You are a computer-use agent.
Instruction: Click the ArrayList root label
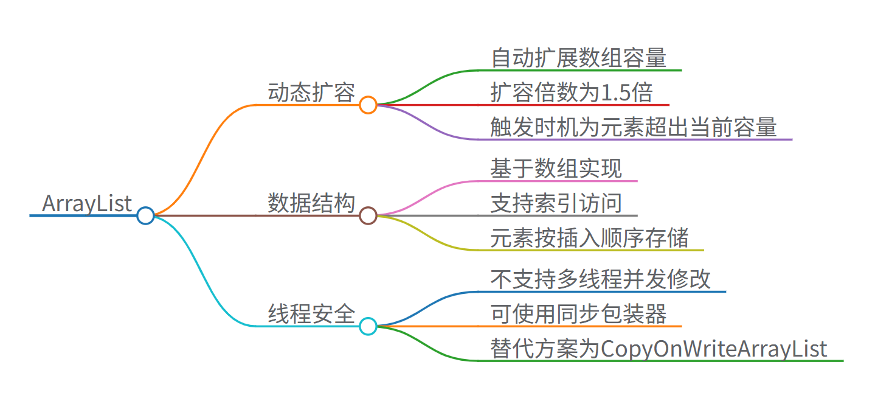(x=86, y=203)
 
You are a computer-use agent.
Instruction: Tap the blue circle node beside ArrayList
(x=145, y=215)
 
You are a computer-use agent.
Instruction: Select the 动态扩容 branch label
(x=311, y=93)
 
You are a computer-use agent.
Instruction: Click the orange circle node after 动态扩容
(x=368, y=105)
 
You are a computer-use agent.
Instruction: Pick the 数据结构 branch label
(x=311, y=203)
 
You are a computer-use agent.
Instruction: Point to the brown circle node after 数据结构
(x=368, y=215)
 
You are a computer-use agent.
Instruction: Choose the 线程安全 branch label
(x=311, y=314)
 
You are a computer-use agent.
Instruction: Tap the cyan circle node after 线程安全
(x=368, y=326)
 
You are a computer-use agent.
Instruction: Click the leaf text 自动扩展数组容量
(x=578, y=58)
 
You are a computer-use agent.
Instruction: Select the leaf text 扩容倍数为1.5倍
(x=572, y=92)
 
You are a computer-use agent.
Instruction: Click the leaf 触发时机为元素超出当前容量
(x=634, y=127)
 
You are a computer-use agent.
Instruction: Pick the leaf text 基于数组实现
(x=556, y=169)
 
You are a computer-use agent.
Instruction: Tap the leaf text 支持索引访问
(x=556, y=203)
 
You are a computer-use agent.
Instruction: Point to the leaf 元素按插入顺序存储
(x=590, y=238)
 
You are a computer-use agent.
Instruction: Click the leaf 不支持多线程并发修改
(x=601, y=279)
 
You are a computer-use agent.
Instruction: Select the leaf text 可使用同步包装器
(x=578, y=314)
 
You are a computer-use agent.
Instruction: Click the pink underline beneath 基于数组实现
(x=559, y=181)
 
